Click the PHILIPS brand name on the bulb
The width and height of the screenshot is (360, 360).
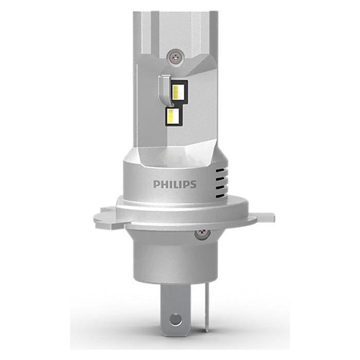[174, 184]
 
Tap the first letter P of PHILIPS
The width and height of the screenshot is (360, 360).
[155, 184]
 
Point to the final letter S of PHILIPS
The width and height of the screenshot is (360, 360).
[193, 184]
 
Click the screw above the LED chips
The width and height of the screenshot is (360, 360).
[175, 53]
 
